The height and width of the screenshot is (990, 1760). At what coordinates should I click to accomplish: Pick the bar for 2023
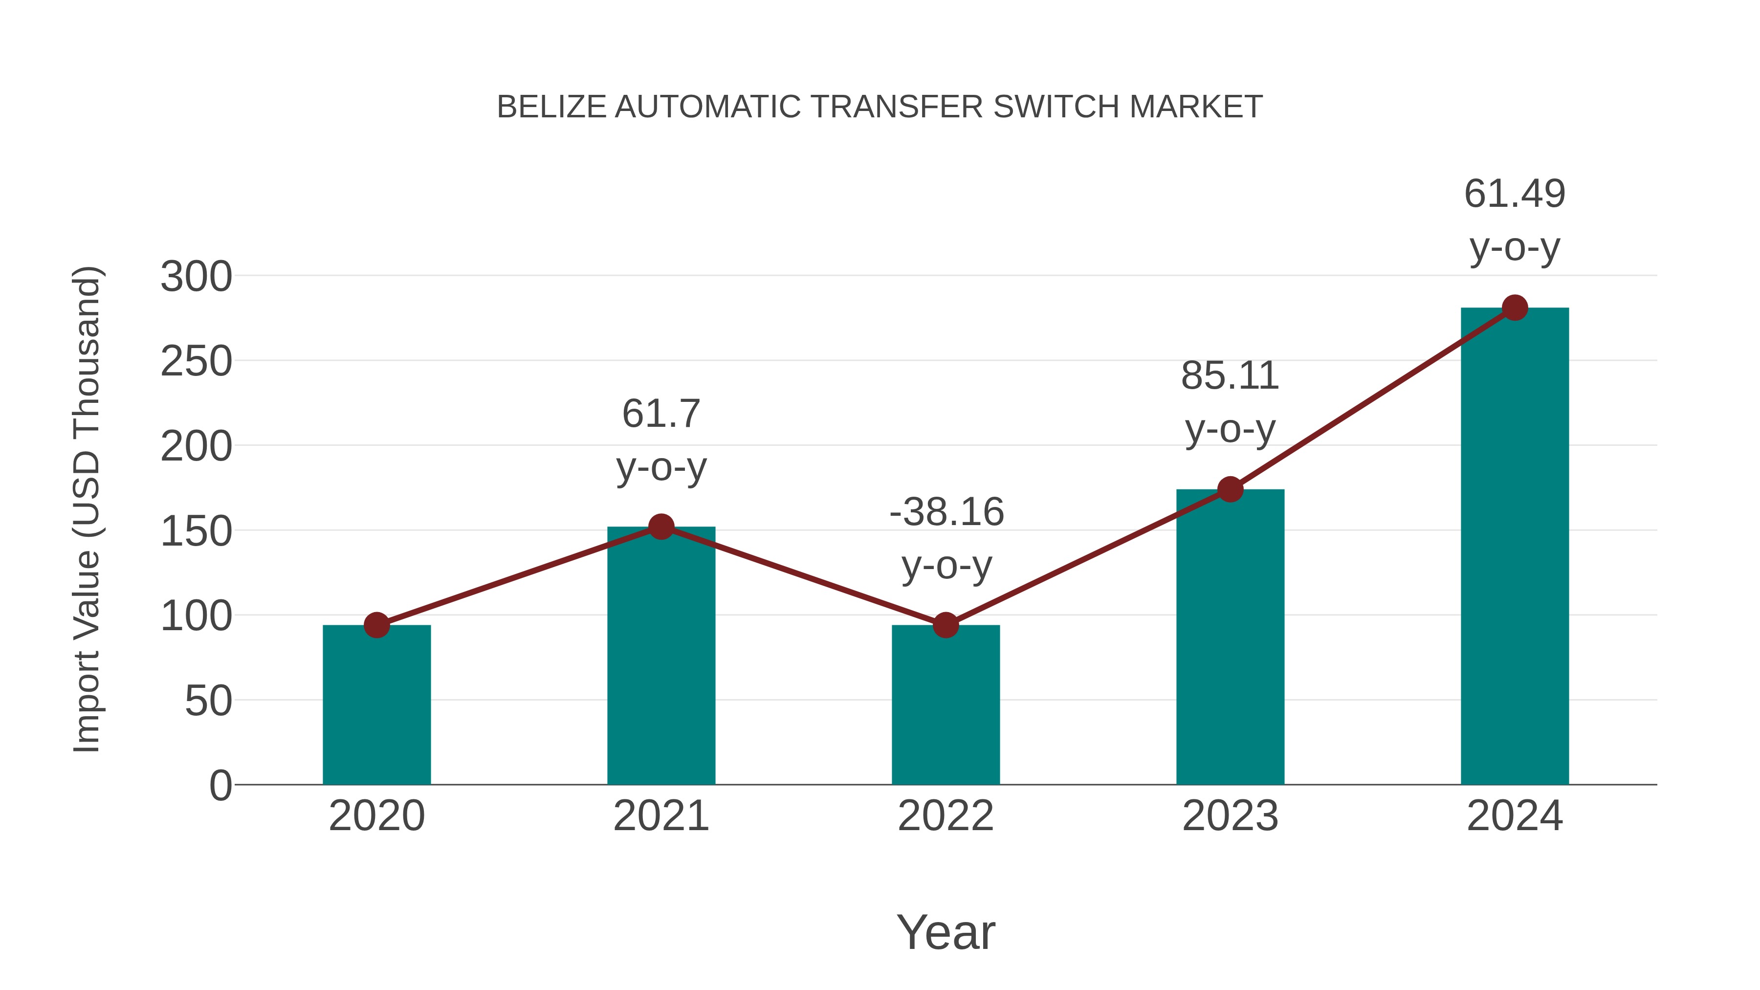[x=1230, y=639]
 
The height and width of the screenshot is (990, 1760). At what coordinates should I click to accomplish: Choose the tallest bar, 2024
[x=1515, y=547]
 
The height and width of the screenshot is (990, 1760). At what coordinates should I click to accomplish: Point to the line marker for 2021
[x=660, y=527]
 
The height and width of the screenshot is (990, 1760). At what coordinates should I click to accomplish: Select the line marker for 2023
[x=1230, y=489]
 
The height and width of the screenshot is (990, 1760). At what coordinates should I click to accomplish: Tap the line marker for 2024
[x=1515, y=308]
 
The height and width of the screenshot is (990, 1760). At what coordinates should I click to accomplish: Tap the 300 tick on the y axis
[x=196, y=277]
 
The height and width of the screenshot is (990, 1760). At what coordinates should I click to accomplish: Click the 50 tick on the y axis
[x=208, y=701]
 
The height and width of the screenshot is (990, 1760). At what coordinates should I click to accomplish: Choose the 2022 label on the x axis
[x=946, y=816]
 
